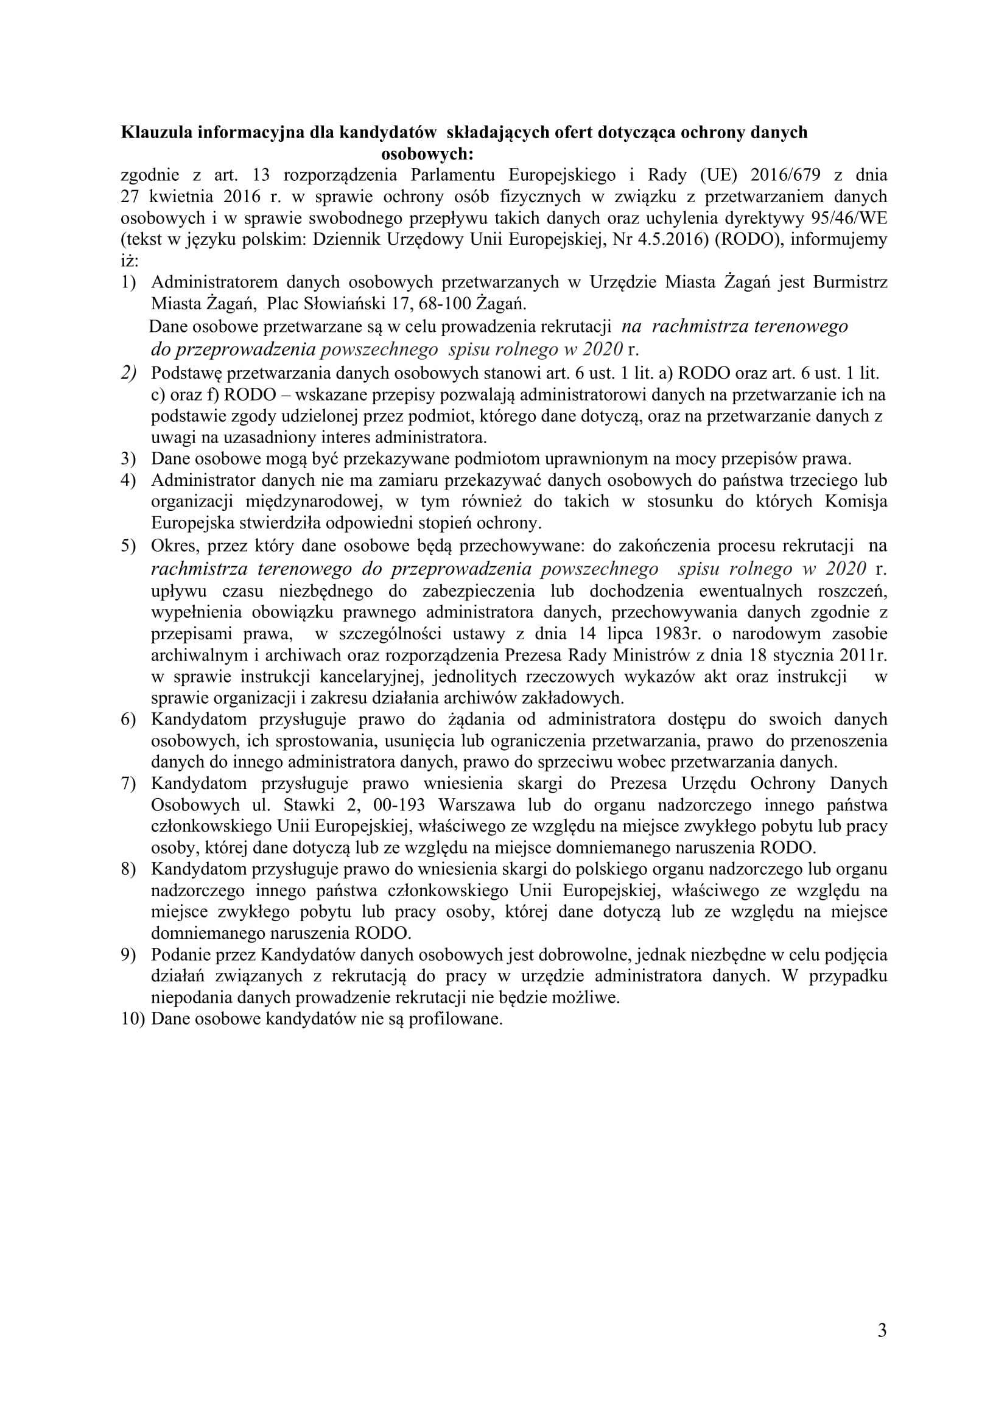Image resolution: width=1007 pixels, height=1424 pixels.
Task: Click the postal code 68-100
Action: (x=445, y=304)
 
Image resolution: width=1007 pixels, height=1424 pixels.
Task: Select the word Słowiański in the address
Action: (x=347, y=304)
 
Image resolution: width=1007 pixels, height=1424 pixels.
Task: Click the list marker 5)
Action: (x=128, y=545)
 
